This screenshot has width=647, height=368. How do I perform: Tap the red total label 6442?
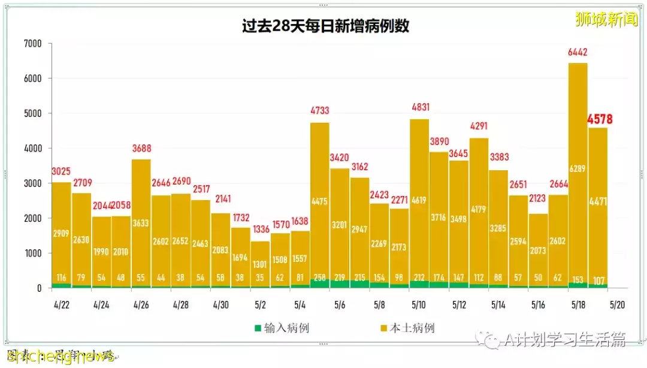[x=578, y=53]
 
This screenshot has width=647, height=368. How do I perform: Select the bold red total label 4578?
[x=599, y=119]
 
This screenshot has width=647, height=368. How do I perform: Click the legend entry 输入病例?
[x=282, y=328]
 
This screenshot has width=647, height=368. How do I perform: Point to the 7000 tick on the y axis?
[x=32, y=44]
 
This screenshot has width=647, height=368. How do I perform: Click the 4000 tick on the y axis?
[x=32, y=148]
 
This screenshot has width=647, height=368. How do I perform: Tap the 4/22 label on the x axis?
[x=61, y=304]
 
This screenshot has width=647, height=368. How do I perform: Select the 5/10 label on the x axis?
[x=419, y=304]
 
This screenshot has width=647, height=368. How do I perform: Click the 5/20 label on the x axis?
[x=618, y=304]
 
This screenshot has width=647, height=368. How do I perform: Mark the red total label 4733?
[x=320, y=111]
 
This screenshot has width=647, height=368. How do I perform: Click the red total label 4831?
[x=419, y=108]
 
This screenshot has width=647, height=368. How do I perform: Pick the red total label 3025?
[x=62, y=171]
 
